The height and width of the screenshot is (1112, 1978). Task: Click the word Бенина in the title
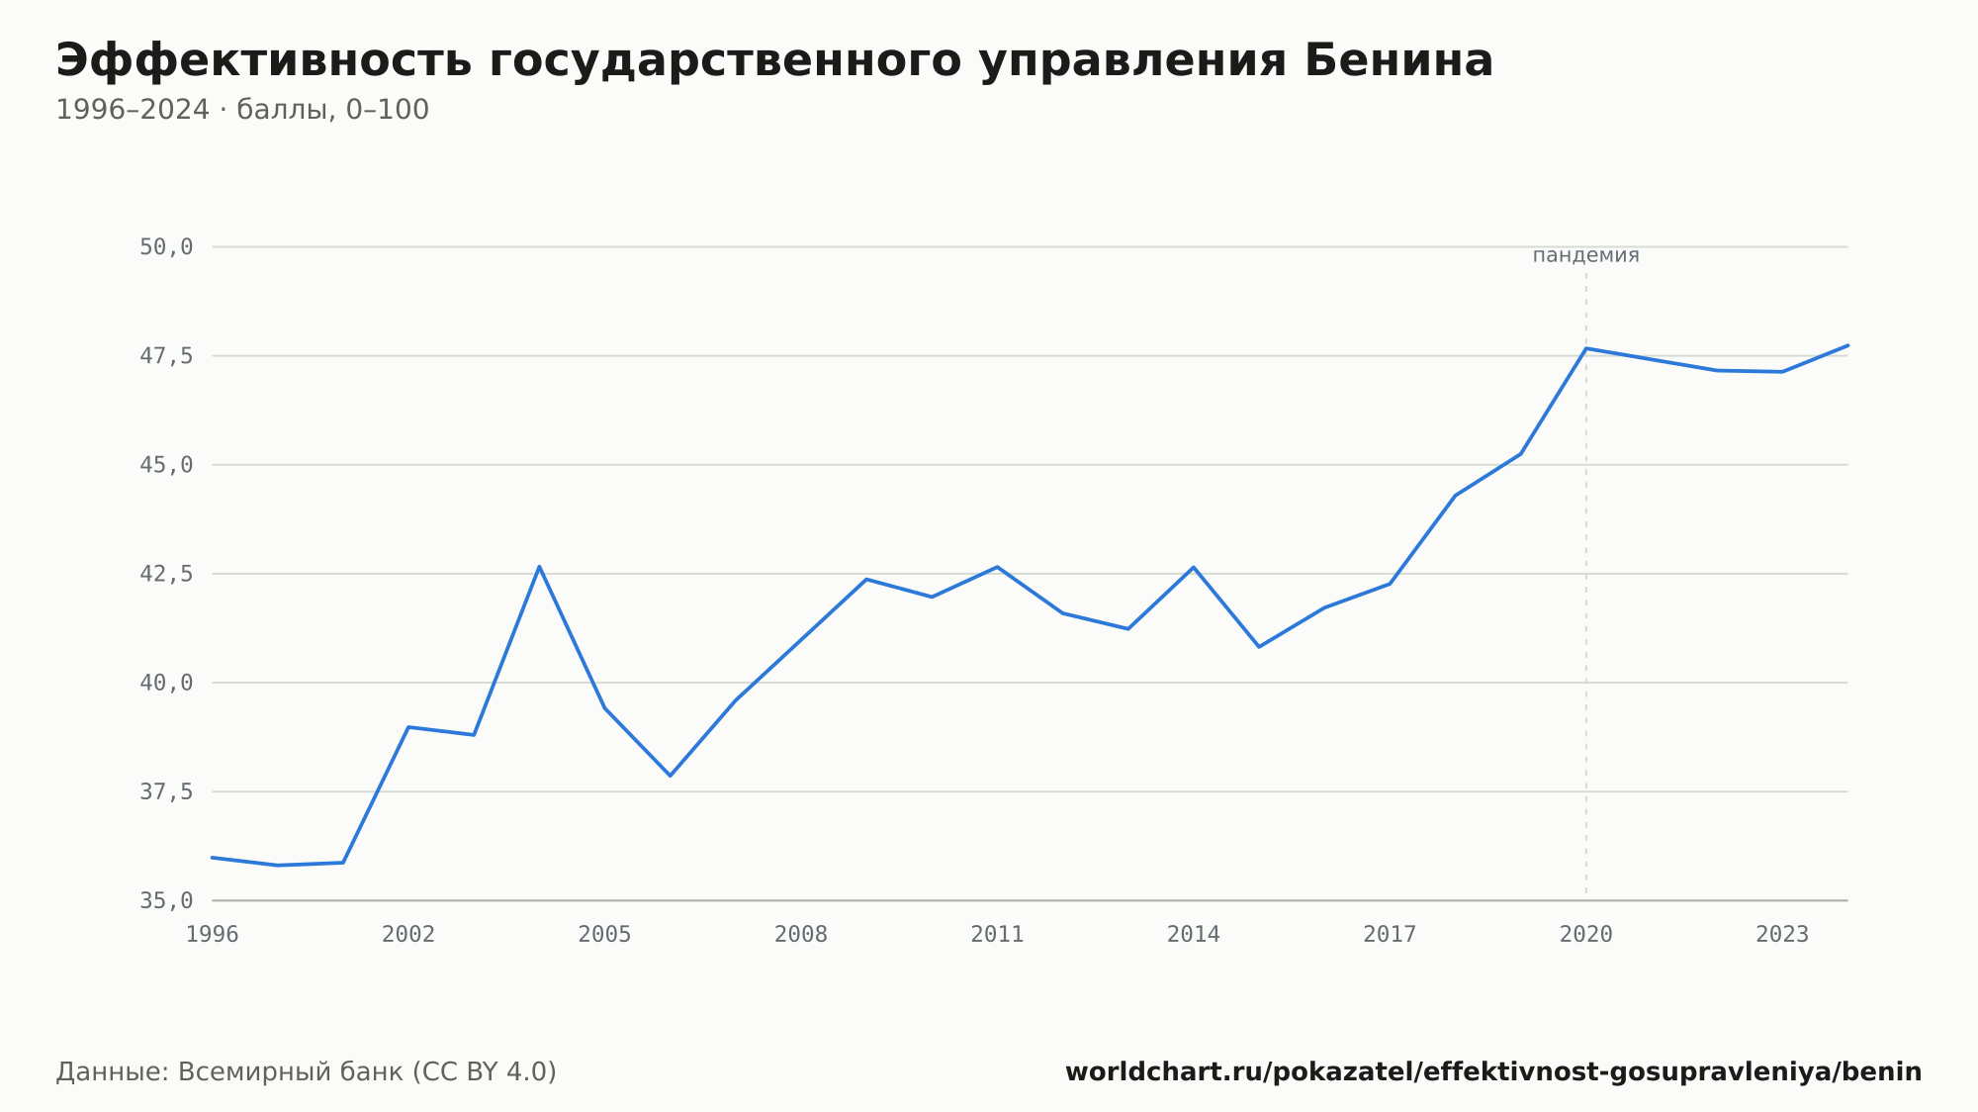tap(1398, 60)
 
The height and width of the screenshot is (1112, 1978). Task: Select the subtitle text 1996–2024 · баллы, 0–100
tap(242, 110)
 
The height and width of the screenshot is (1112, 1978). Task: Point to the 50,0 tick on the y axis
tap(166, 247)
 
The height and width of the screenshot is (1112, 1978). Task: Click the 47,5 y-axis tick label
tap(166, 356)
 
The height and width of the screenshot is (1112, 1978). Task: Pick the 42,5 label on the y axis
tap(166, 574)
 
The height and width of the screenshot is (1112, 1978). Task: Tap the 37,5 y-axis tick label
tap(166, 791)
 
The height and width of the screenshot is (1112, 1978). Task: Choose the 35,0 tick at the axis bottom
tap(166, 900)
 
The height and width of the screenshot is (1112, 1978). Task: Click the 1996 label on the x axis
tap(213, 935)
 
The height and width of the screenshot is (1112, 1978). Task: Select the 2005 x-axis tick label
tap(605, 935)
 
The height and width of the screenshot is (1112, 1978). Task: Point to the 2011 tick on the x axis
tap(998, 935)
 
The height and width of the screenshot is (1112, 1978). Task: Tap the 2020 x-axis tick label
tap(1586, 935)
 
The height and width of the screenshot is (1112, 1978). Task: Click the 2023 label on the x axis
tap(1782, 935)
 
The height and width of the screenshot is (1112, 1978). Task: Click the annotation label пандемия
tap(1586, 255)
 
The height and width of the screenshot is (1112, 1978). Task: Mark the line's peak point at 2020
tap(1586, 348)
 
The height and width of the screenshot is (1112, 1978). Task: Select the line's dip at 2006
tap(670, 776)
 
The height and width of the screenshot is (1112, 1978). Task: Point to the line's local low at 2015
tap(1259, 647)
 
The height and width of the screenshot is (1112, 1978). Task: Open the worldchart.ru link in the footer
tap(1493, 1072)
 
